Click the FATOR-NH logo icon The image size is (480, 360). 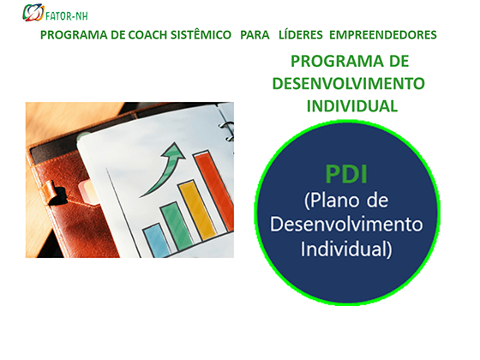click(x=33, y=13)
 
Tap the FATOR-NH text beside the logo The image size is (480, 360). click(x=67, y=16)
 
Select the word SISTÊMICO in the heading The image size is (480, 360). click(x=201, y=34)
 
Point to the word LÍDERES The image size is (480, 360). click(x=301, y=34)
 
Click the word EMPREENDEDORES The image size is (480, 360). click(x=383, y=35)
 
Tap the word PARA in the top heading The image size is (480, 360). click(x=255, y=35)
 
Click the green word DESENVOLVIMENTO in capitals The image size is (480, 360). click(x=348, y=84)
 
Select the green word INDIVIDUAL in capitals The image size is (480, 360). click(x=352, y=106)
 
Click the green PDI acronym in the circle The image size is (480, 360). click(x=346, y=174)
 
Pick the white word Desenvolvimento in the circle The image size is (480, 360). click(x=346, y=225)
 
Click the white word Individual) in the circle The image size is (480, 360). click(x=346, y=249)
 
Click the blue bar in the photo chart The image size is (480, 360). click(x=156, y=240)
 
